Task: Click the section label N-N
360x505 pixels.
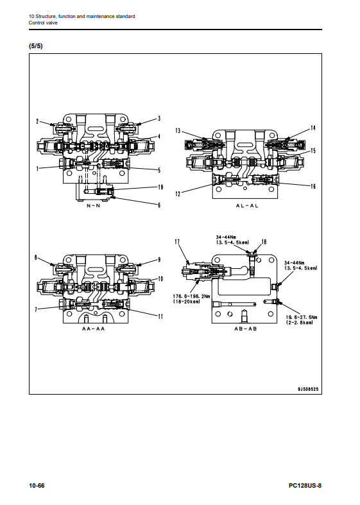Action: point(94,206)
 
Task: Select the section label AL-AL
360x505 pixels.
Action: point(247,206)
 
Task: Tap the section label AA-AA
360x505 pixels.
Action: point(94,329)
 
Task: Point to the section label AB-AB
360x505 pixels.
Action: point(245,329)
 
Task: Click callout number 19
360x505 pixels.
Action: point(160,187)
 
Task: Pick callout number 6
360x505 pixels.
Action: point(159,205)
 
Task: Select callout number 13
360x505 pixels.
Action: point(178,130)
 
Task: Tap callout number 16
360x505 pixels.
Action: point(313,186)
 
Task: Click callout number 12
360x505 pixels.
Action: point(178,194)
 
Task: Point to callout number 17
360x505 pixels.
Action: point(177,242)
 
